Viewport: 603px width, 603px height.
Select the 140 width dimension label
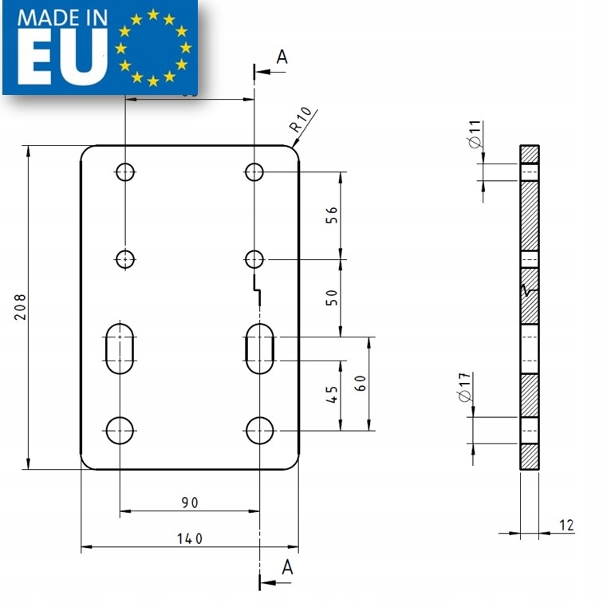(189, 538)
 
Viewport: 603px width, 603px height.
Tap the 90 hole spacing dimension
(189, 502)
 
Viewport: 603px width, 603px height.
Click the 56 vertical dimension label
(333, 215)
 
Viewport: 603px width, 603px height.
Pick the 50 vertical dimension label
(333, 298)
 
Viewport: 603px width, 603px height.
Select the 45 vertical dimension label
(333, 393)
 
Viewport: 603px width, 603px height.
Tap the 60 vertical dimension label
(361, 383)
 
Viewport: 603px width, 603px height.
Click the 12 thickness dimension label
(566, 525)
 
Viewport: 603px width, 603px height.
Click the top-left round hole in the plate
(126, 171)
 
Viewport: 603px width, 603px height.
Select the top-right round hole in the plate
(254, 171)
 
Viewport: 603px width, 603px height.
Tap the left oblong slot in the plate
(120, 349)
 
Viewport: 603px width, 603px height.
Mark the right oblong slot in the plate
(260, 349)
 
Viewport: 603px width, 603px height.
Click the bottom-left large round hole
(120, 430)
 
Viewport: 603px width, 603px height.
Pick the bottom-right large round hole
(260, 430)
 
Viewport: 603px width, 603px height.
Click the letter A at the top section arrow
(281, 57)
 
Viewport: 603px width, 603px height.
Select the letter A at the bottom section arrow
(288, 567)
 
